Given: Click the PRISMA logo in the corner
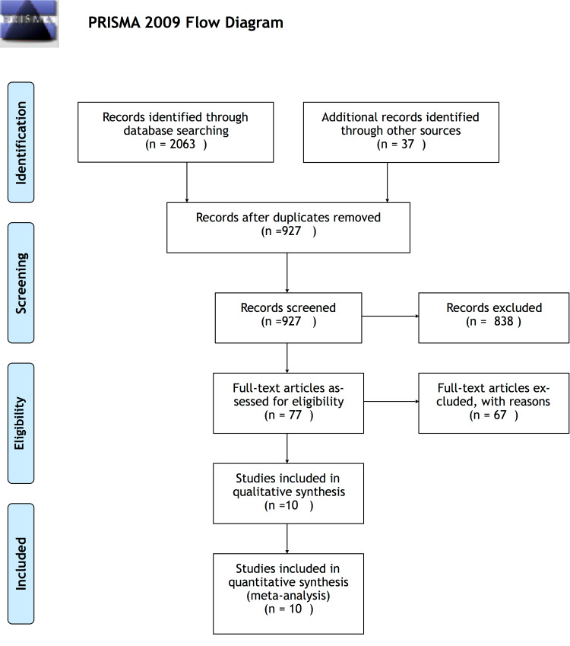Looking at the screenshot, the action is pos(29,23).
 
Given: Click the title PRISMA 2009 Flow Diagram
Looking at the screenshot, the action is pos(185,23).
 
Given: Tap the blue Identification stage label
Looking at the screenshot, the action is pos(21,142).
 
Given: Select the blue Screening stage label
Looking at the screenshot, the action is pos(21,283).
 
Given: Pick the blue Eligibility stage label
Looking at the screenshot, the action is pos(21,423).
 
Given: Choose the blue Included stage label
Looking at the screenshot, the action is pos(21,564).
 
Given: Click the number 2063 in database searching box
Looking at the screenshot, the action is pos(182,145).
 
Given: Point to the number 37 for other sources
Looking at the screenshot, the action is pos(408,145).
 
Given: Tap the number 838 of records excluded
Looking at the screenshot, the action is pos(504,321).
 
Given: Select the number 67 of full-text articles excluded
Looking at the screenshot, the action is pos(500,415).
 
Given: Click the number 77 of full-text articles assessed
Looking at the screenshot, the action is pos(295,415).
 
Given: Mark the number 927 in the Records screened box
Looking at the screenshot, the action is pos(291,321).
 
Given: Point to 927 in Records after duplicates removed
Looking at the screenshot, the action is pos(291,231).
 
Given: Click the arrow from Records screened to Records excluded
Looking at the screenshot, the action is pos(391,317).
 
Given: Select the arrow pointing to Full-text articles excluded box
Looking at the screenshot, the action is pos(391,401).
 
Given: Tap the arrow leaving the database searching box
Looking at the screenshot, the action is pos(187,182).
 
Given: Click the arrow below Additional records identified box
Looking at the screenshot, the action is pos(388,182).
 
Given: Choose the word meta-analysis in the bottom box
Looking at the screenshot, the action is pos(288,596).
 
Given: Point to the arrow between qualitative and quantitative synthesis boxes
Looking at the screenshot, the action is pos(287,539).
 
